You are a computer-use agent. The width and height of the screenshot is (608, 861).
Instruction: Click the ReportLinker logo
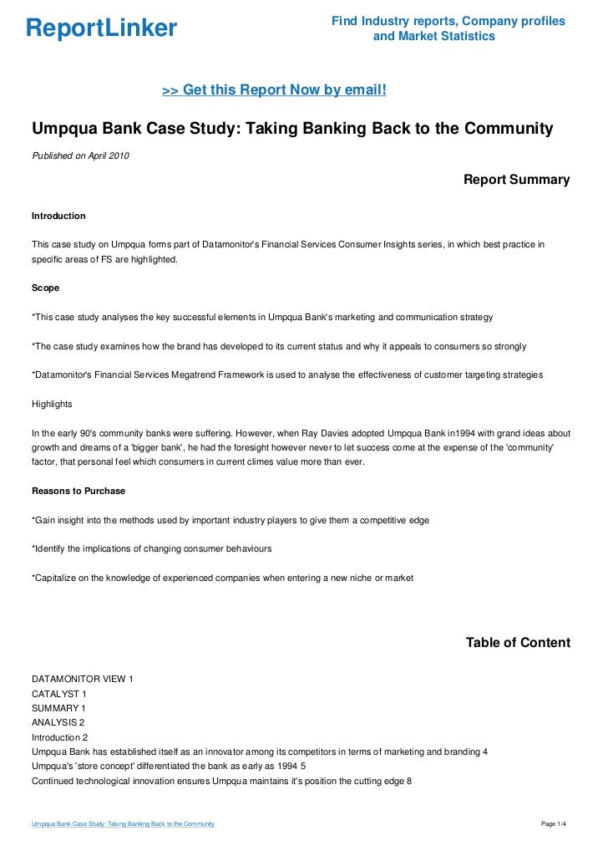coord(101,29)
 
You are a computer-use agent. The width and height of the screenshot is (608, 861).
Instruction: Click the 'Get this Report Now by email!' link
coord(274,89)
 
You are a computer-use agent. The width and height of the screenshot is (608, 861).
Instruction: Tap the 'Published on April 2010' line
coord(80,155)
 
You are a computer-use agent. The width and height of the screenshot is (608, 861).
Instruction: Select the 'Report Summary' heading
coord(516,180)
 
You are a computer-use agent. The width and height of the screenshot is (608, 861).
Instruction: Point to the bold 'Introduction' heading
coord(58,217)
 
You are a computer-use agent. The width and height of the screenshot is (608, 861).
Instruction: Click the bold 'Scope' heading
coord(45,288)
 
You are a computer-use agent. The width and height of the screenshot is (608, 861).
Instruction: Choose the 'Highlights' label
coord(52,404)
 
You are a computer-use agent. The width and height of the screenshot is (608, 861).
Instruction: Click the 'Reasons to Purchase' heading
coord(79,491)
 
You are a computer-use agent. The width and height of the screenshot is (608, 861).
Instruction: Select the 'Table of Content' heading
coord(518,643)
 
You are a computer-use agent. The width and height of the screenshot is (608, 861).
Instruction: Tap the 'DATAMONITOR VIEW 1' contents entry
coord(82,678)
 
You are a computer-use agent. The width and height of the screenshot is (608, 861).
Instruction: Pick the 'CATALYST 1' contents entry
coord(59,694)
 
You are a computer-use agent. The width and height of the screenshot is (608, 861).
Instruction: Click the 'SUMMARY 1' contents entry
coord(58,708)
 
